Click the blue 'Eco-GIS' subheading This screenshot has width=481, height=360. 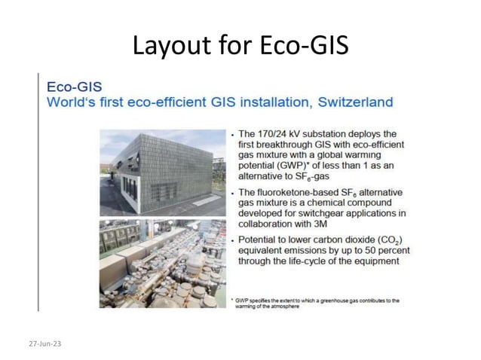[75, 86]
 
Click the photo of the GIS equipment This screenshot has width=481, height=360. [162, 264]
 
